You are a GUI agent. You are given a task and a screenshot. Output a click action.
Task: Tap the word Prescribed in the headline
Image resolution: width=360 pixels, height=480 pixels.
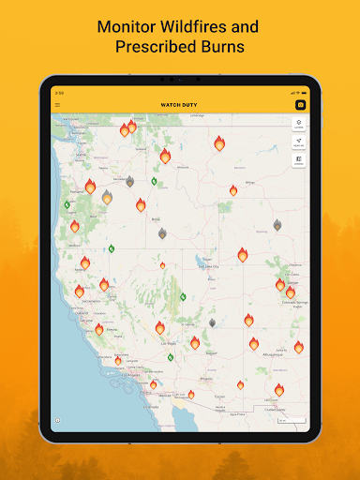[156, 46]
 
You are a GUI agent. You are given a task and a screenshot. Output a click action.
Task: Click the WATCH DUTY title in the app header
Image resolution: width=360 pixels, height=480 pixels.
[179, 104]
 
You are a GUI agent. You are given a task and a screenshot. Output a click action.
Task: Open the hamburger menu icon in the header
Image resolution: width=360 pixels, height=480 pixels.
[57, 104]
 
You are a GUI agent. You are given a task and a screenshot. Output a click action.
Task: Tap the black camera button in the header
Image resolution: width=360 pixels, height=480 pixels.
[300, 104]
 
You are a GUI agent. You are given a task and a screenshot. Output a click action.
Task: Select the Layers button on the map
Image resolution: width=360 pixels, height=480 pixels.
[298, 123]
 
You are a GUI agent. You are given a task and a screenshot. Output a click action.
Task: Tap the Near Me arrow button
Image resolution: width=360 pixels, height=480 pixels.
[298, 142]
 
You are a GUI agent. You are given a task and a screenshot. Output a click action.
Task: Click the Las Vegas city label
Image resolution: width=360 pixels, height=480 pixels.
[171, 343]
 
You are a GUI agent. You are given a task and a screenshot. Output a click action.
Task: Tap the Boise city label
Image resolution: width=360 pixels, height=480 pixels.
[155, 218]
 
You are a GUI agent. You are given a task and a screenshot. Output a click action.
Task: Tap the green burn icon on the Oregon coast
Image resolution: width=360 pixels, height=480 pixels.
[67, 204]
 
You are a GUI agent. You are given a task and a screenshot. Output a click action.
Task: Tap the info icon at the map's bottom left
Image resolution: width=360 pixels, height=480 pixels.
[57, 420]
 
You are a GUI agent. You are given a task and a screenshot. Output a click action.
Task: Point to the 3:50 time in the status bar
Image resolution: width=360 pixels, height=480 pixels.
[59, 93]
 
